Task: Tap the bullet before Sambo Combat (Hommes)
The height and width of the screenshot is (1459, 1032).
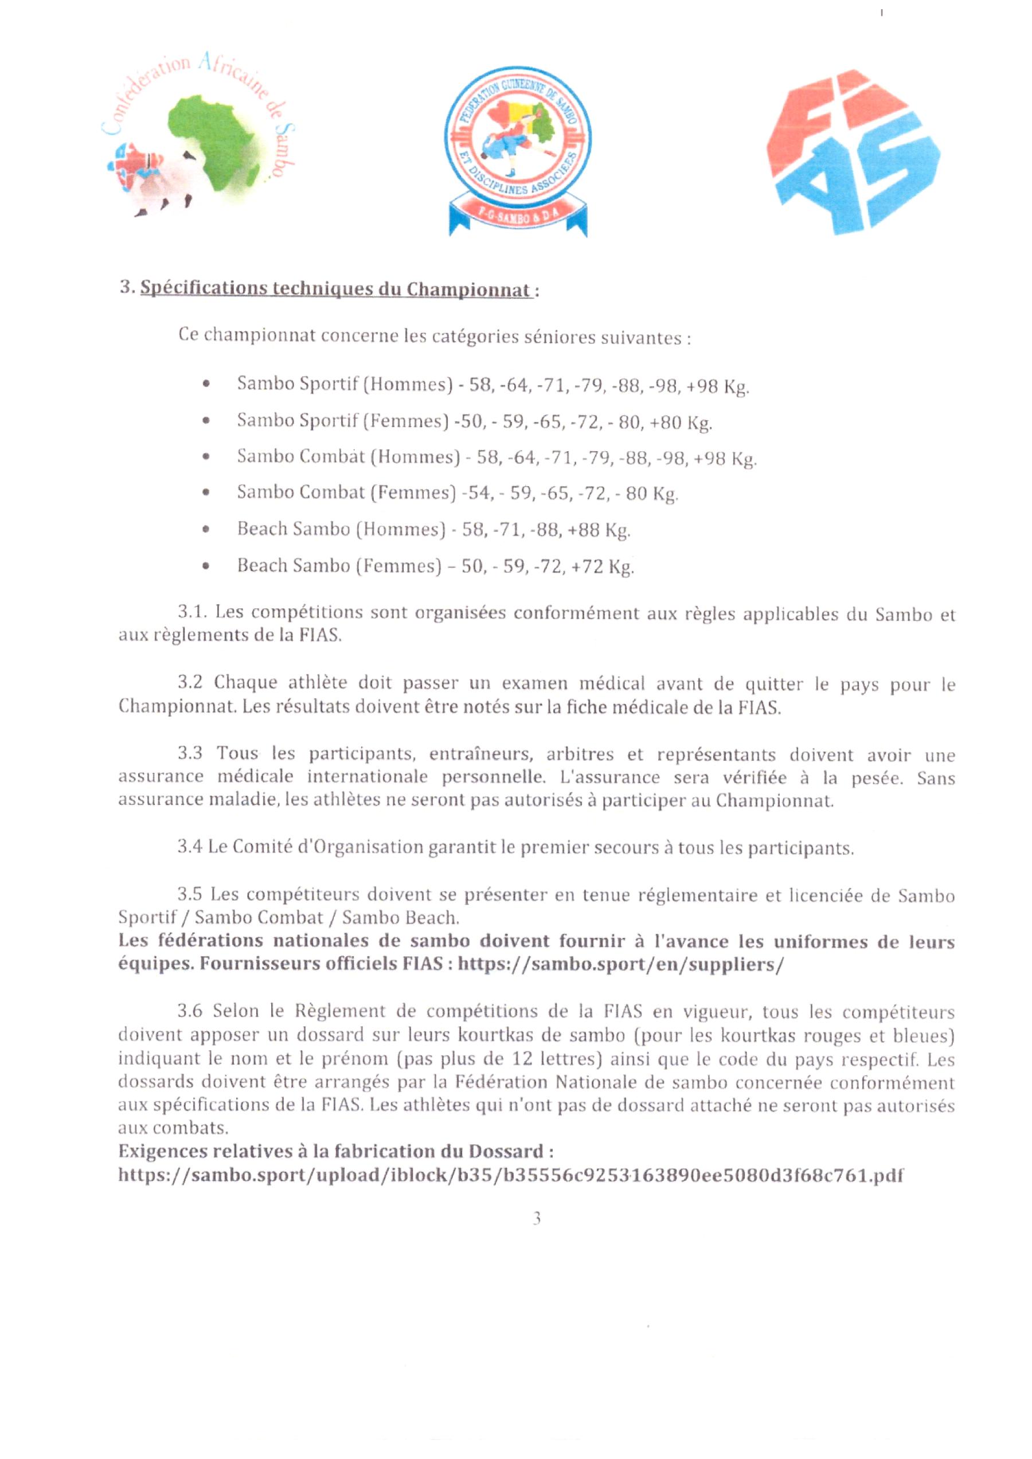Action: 205,457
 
